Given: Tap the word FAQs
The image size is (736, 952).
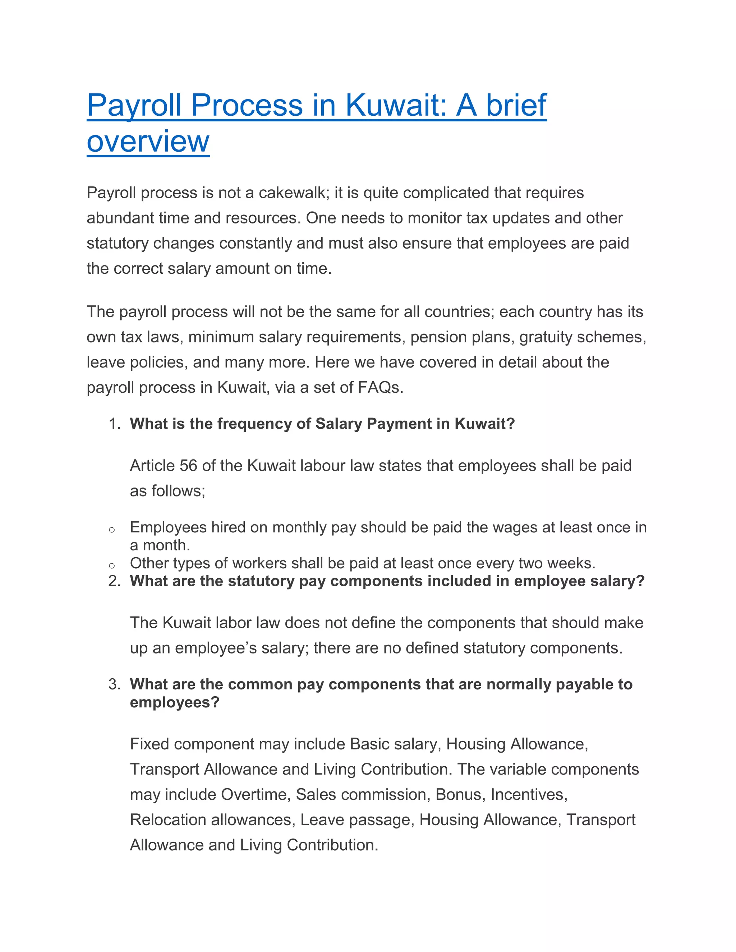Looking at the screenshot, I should click(380, 388).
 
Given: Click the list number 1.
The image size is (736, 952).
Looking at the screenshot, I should click(114, 424).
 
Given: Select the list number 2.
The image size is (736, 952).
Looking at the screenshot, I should click(114, 581).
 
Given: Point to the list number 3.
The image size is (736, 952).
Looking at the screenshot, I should click(114, 684).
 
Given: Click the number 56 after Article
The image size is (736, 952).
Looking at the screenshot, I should click(188, 466).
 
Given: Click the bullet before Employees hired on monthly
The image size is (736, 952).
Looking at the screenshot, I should click(112, 530).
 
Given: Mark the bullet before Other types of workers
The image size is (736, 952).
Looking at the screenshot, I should click(112, 566).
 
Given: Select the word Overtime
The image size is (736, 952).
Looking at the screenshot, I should click(255, 795).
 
